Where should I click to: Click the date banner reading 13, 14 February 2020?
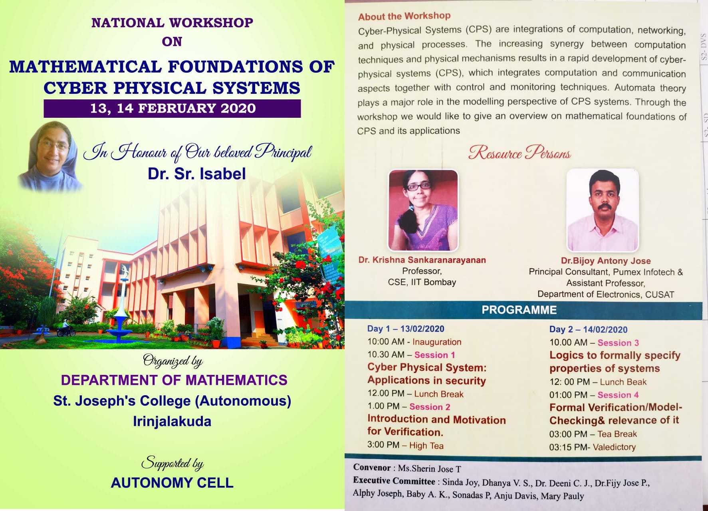point(172,108)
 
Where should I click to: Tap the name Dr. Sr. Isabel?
point(196,174)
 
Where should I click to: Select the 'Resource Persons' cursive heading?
point(520,153)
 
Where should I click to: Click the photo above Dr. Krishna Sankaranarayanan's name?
point(423,210)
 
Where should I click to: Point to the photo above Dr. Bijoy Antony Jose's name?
point(603,210)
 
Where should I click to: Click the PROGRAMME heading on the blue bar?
point(519,310)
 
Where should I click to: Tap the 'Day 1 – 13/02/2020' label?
point(406,329)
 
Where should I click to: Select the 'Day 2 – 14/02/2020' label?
point(588,329)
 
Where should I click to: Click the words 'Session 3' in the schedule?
point(618,343)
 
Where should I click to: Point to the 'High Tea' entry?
point(426,446)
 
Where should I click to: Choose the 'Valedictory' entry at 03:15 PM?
point(614,447)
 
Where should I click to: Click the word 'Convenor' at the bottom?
point(372,467)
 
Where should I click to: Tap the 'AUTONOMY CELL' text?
point(172,483)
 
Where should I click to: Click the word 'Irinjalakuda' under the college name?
point(172,421)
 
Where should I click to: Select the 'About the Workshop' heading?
point(404,16)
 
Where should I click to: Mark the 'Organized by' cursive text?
point(173,361)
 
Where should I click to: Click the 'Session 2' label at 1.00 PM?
point(430,407)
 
